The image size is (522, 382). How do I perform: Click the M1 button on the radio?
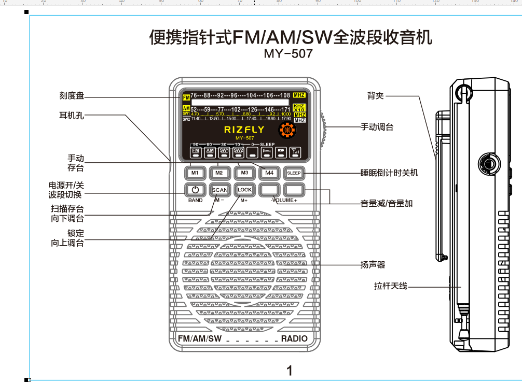(x=195, y=173)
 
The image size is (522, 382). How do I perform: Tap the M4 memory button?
(x=269, y=173)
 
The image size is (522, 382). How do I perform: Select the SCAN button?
(x=219, y=190)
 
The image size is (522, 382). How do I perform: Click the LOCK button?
(x=244, y=190)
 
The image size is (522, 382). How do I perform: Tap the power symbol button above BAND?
(x=195, y=190)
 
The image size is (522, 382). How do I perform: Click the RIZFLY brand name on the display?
(x=244, y=130)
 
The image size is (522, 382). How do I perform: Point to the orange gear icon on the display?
(x=285, y=131)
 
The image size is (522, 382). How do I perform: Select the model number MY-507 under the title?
(x=288, y=53)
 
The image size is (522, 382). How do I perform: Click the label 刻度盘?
(x=72, y=96)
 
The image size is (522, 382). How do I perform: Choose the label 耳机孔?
(x=72, y=115)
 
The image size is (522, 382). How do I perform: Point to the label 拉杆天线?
(x=391, y=286)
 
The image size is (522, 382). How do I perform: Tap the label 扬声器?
(x=373, y=265)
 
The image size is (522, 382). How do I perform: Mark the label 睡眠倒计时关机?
(x=389, y=173)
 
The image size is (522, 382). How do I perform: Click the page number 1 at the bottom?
(x=290, y=370)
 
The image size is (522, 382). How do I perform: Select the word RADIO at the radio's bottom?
(x=294, y=338)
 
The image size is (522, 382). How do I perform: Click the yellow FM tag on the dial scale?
(x=186, y=97)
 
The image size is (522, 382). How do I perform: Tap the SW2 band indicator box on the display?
(x=238, y=151)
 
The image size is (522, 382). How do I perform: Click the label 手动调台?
(x=377, y=127)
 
